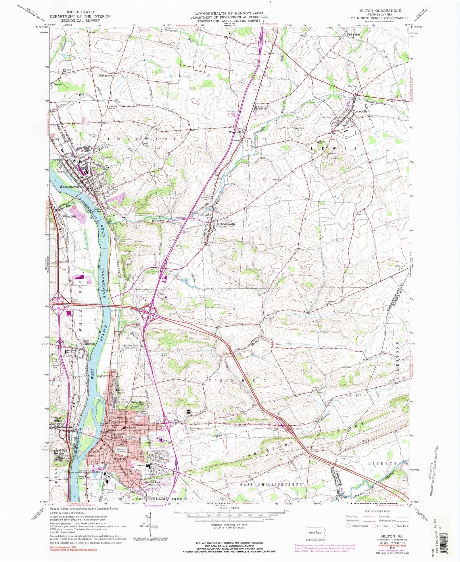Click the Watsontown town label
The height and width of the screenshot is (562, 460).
(x=69, y=187)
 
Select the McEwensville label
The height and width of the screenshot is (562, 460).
(x=226, y=224)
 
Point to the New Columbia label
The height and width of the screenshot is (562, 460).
(x=89, y=342)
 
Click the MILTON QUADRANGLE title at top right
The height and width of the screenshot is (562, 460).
(x=380, y=11)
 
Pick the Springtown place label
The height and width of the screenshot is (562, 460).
(x=106, y=75)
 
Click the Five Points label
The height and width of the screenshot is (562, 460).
(x=353, y=35)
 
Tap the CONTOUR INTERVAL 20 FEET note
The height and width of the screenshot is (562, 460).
(x=229, y=525)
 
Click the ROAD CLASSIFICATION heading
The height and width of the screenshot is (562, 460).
(x=377, y=511)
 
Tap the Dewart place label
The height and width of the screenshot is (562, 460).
(x=58, y=85)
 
